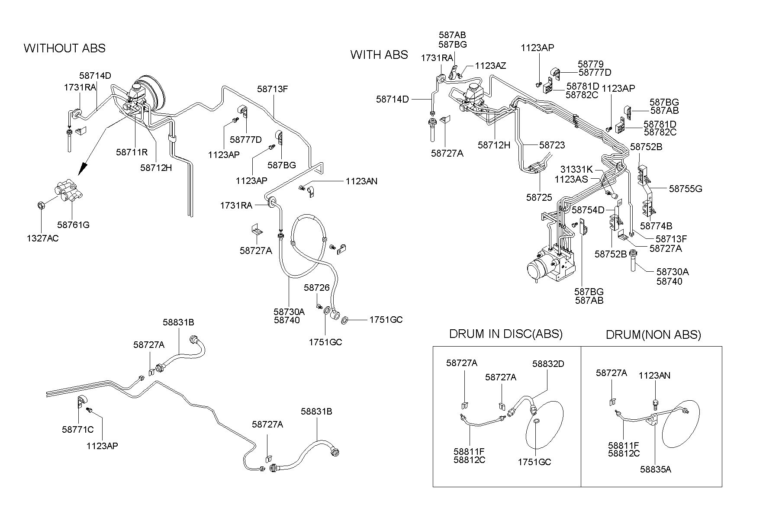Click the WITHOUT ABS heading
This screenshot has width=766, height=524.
(64, 48)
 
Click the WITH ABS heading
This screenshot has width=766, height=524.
(379, 55)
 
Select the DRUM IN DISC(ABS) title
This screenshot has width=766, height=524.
(505, 334)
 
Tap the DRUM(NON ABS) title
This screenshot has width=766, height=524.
(653, 334)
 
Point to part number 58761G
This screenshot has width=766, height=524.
(73, 225)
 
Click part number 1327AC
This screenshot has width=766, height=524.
(42, 238)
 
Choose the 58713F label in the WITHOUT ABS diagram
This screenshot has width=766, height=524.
(272, 89)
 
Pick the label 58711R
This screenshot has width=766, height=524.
(132, 152)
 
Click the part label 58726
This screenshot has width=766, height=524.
(316, 288)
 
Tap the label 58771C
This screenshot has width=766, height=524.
(77, 430)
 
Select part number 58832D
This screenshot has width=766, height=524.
(548, 364)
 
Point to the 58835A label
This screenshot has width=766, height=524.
(655, 469)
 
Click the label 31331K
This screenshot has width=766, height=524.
(576, 169)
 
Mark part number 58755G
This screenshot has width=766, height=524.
(685, 189)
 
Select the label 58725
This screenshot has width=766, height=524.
(539, 197)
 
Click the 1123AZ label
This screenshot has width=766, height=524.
(490, 66)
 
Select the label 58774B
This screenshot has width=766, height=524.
(656, 226)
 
